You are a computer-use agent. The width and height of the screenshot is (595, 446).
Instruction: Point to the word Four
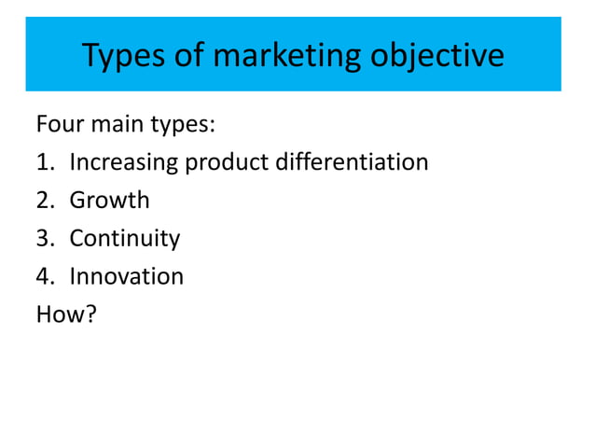click(x=60, y=125)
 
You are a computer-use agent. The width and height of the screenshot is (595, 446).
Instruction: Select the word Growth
click(x=109, y=201)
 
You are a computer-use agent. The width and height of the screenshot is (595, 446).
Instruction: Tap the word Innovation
click(x=126, y=277)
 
